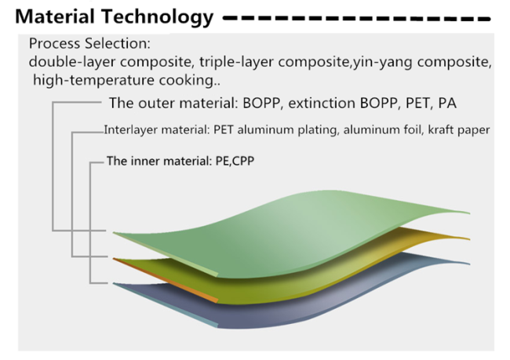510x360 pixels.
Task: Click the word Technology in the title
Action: (157, 17)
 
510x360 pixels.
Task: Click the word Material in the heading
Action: (55, 16)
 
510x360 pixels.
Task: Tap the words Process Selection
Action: (89, 43)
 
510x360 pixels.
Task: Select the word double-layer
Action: (72, 62)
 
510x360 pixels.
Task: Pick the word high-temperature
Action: (93, 80)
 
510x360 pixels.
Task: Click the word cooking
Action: (189, 80)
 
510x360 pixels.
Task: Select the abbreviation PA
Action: (447, 103)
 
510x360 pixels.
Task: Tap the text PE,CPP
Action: (235, 161)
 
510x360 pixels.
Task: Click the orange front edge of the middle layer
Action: (166, 280)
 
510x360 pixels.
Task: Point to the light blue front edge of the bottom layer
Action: (166, 305)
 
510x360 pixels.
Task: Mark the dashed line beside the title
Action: (356, 19)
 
